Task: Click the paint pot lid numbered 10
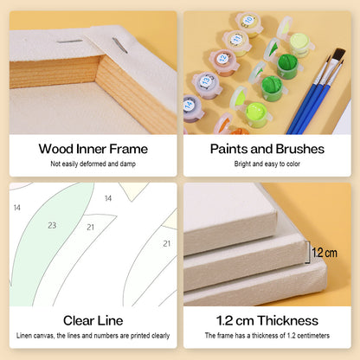(248, 24)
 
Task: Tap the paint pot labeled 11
(236, 42)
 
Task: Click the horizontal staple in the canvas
(69, 42)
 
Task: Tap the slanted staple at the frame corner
(119, 45)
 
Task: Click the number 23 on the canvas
(52, 225)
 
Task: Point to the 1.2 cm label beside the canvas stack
(325, 253)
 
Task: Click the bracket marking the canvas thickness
(309, 252)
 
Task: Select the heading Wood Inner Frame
(93, 149)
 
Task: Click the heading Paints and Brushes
(267, 149)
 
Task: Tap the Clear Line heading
(93, 320)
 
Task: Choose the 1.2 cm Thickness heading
(267, 320)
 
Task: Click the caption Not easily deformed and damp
(93, 164)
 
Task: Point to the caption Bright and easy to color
(267, 164)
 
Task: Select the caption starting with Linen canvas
(93, 336)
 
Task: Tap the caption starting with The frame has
(267, 336)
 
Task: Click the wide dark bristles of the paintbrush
(339, 55)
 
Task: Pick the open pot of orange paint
(232, 127)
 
